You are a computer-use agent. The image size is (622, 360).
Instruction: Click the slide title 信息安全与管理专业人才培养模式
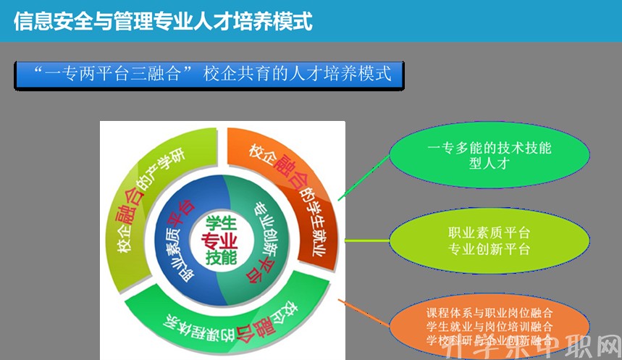(163, 21)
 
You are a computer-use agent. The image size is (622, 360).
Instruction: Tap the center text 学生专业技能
(221, 240)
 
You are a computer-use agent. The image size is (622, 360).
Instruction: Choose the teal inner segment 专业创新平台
(264, 239)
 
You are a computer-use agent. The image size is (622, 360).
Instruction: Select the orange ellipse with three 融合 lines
(489, 326)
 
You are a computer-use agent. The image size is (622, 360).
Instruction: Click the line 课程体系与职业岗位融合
(489, 314)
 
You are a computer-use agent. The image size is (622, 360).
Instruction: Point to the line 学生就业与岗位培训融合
(489, 327)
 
